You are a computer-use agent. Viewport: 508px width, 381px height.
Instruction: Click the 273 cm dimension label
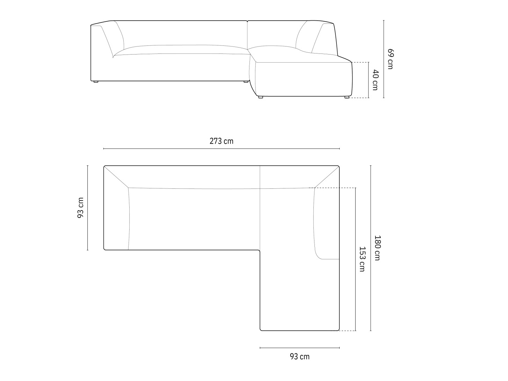[x=221, y=141]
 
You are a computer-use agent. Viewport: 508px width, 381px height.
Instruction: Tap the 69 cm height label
[x=390, y=59]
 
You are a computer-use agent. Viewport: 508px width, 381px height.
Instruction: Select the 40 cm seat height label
[x=375, y=80]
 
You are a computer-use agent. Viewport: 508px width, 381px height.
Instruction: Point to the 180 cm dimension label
[x=377, y=248]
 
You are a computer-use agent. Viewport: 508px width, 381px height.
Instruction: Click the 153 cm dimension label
[x=362, y=259]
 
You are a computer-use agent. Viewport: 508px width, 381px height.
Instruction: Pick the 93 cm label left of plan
[x=80, y=208]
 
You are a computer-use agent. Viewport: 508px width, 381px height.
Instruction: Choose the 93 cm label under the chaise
[x=299, y=357]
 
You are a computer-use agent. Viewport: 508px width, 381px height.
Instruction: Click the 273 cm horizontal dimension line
[x=222, y=149]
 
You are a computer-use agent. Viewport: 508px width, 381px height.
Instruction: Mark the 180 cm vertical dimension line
[x=371, y=248]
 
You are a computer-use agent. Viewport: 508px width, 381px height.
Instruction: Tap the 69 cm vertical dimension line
[x=384, y=59]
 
